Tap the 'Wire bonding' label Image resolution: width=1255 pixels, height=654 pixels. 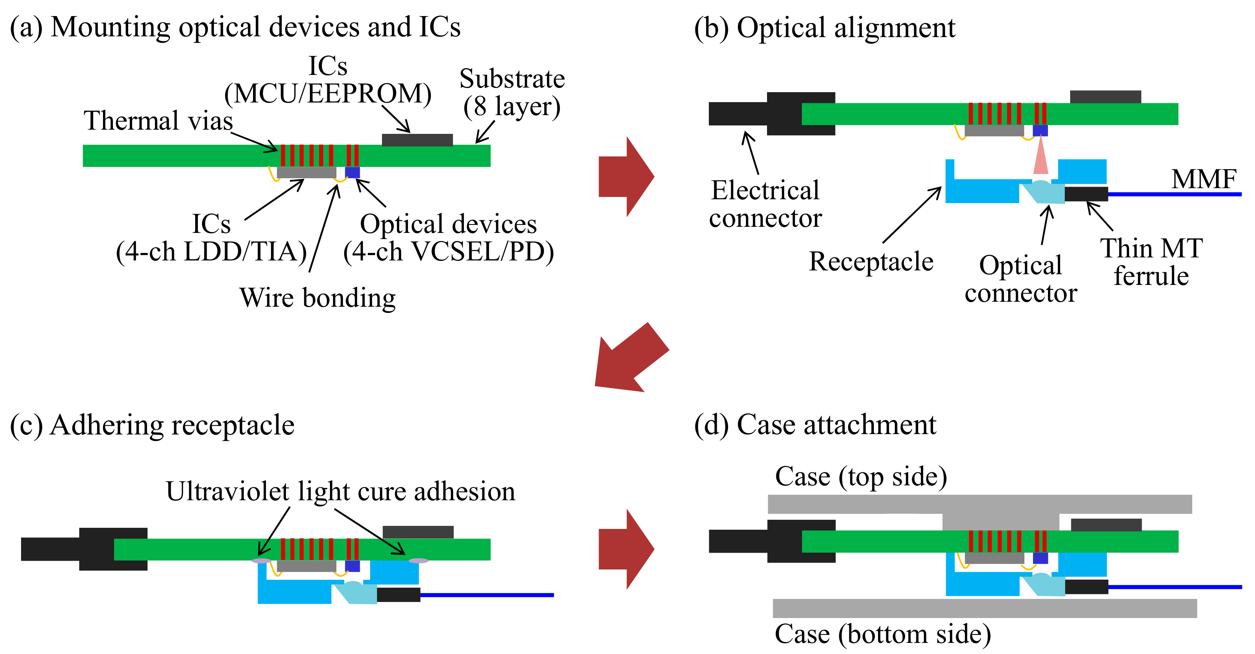[317, 298]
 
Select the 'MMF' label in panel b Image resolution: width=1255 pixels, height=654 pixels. [1203, 179]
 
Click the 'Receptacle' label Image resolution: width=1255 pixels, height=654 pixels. [871, 262]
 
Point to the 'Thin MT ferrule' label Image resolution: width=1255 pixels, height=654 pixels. [1151, 262]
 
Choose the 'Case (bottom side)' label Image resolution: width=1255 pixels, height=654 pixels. [882, 634]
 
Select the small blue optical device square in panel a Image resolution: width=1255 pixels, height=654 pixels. [352, 172]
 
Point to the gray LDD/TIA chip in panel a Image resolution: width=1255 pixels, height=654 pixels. [307, 172]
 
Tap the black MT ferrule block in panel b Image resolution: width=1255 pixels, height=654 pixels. [1086, 194]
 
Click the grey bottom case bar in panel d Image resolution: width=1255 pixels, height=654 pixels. [984, 608]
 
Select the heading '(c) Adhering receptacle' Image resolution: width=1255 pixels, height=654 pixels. [152, 425]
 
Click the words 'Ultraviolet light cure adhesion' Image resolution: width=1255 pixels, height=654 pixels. [340, 491]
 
